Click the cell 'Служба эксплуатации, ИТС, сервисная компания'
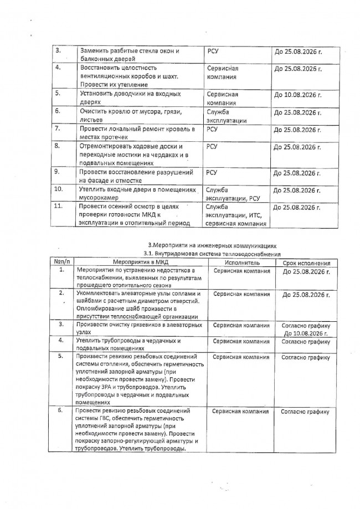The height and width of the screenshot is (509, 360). click(x=235, y=215)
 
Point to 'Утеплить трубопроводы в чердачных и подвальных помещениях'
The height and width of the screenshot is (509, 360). click(x=127, y=345)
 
